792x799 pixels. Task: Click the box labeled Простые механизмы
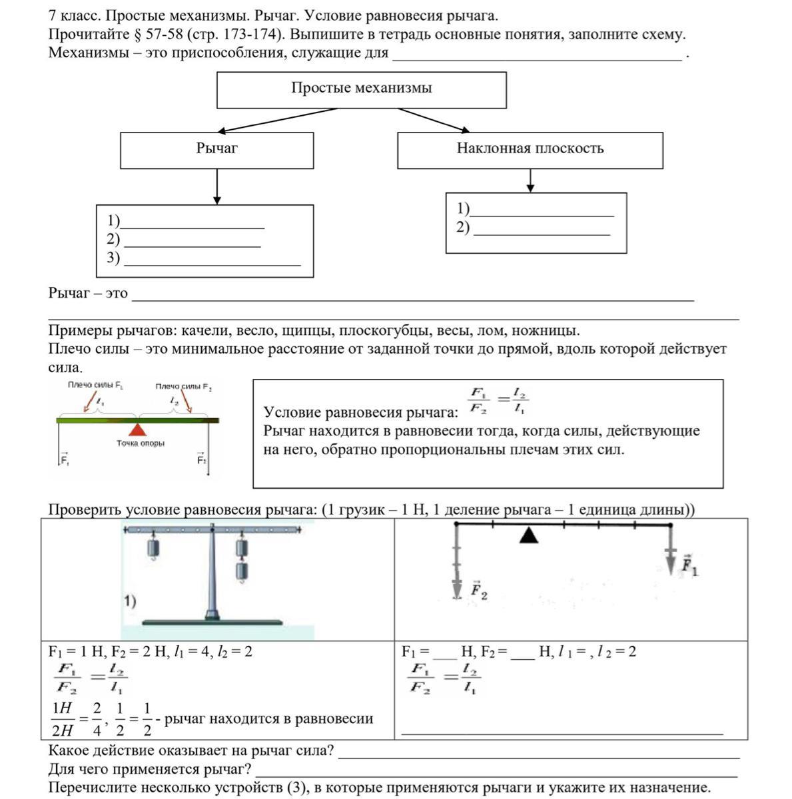(361, 90)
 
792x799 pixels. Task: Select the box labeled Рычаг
(216, 150)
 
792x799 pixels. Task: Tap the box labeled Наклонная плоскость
(530, 150)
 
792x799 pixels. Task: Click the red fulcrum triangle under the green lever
(137, 429)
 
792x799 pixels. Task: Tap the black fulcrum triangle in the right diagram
(528, 535)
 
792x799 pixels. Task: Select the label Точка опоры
(140, 443)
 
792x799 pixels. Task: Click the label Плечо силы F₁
(95, 386)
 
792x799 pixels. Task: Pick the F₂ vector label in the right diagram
(479, 591)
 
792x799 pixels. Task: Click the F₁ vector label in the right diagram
(689, 566)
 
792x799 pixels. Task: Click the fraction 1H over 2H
(63, 719)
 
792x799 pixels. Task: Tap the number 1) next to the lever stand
(130, 601)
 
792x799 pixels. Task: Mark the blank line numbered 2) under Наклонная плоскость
(541, 229)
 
